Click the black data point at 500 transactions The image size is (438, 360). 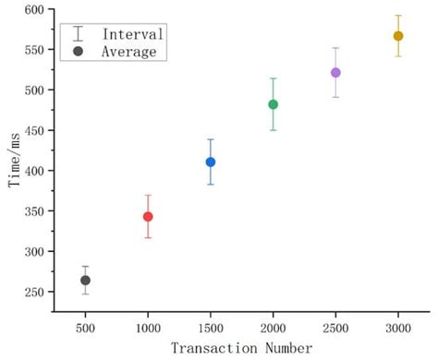[85, 280]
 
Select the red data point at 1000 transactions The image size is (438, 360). [148, 217]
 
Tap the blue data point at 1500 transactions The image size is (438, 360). [211, 162]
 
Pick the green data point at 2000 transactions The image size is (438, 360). [273, 104]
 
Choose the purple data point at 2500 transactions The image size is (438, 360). [335, 72]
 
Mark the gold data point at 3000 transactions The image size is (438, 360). [398, 36]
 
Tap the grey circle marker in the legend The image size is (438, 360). [79, 52]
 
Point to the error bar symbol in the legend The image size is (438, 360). [79, 34]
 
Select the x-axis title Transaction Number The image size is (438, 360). [241, 348]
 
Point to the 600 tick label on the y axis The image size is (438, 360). [33, 9]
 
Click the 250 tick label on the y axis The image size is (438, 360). [33, 293]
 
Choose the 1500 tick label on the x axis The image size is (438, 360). [211, 326]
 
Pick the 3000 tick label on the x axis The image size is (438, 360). [398, 326]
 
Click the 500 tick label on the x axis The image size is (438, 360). [85, 326]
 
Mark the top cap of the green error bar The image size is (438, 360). [273, 78]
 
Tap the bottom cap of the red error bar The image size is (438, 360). [148, 238]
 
